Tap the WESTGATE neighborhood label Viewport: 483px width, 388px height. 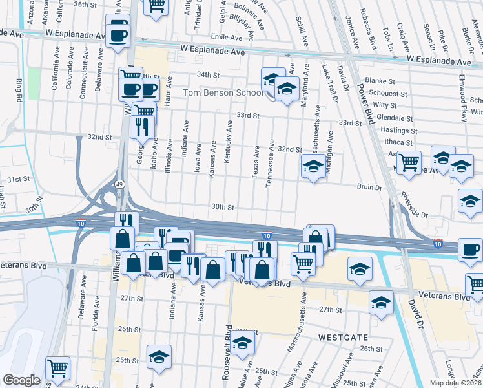click(343, 338)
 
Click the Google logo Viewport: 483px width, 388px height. click(21, 380)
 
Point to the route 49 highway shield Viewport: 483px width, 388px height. click(121, 184)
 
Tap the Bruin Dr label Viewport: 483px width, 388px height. click(370, 188)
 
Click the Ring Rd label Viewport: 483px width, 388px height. click(19, 89)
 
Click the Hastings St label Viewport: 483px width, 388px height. click(396, 130)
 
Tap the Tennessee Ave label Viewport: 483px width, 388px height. click(272, 162)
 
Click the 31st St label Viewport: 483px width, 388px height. click(19, 178)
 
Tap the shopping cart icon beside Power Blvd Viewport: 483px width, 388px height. click(409, 162)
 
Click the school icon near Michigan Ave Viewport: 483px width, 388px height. click(313, 167)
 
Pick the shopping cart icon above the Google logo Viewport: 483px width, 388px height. click(57, 368)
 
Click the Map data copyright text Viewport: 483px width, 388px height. click(456, 382)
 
